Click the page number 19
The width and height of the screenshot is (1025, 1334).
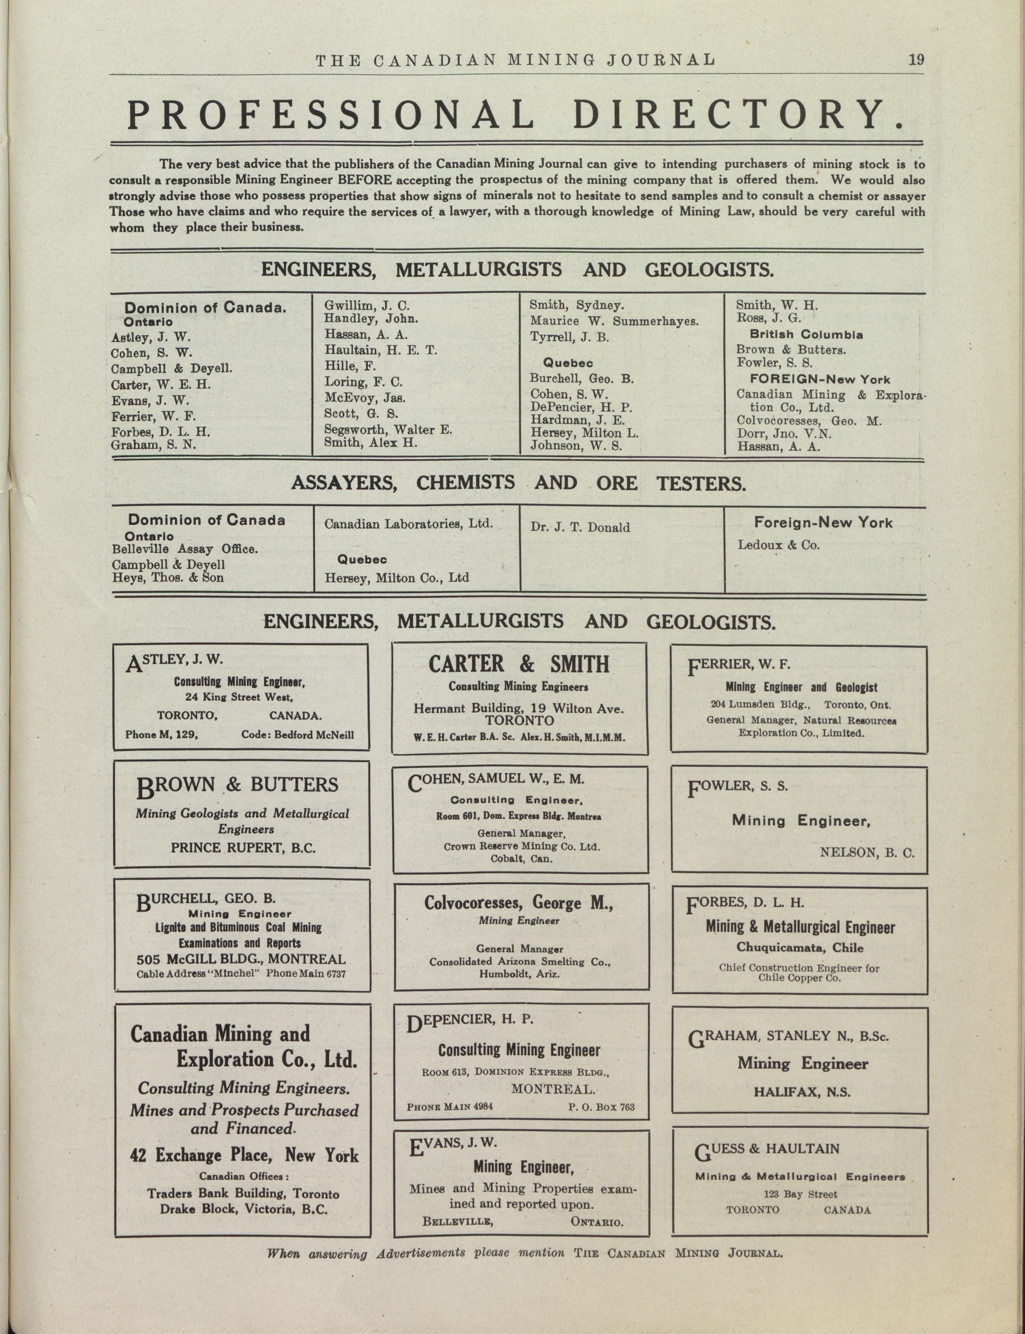coord(916,60)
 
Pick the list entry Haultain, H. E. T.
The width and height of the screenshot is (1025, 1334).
coord(380,350)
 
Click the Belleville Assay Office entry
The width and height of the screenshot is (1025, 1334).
coord(185,549)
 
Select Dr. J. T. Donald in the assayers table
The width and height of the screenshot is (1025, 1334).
coord(580,527)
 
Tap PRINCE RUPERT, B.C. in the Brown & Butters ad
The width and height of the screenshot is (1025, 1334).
coord(243,848)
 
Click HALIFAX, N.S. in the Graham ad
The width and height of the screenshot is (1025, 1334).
coord(801,1092)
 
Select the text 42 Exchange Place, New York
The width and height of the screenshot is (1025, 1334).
coord(244,1155)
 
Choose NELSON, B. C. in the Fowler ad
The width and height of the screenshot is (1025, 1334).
coord(867,853)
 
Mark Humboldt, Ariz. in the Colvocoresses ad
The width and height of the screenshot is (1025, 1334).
coord(520,974)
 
